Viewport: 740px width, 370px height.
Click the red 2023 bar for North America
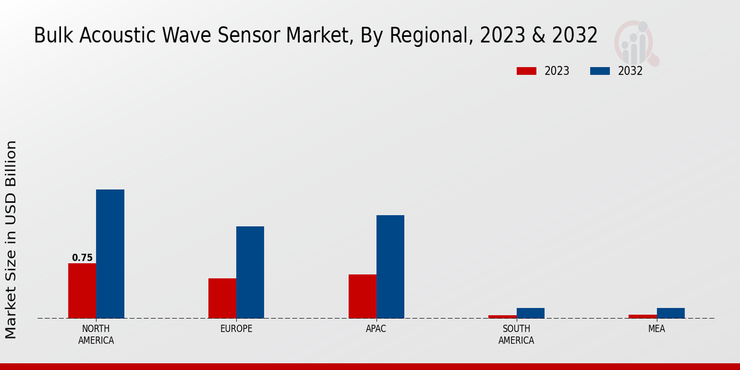tap(82, 290)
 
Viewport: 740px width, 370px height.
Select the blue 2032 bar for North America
tap(110, 253)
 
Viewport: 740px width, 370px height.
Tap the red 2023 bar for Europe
tap(222, 298)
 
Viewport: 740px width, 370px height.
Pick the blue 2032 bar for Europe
tap(250, 272)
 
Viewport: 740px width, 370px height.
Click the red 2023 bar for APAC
tap(362, 296)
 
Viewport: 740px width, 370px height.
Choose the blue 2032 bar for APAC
tap(390, 266)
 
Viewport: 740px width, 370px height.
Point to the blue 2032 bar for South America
tap(530, 313)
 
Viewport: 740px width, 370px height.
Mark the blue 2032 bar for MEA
tap(670, 313)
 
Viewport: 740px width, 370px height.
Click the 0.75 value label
tap(82, 258)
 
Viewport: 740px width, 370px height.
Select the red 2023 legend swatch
tap(526, 71)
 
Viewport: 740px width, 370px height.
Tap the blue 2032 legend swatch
tap(599, 71)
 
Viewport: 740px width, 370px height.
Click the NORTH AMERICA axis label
tap(96, 334)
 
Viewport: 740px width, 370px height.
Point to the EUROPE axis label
tap(236, 329)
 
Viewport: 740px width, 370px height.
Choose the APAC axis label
tap(376, 329)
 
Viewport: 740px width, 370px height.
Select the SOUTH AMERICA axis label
tap(516, 334)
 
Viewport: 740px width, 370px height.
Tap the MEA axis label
tap(656, 329)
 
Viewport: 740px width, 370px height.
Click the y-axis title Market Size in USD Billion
tap(11, 239)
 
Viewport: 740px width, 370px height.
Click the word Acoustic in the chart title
tap(112, 35)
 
